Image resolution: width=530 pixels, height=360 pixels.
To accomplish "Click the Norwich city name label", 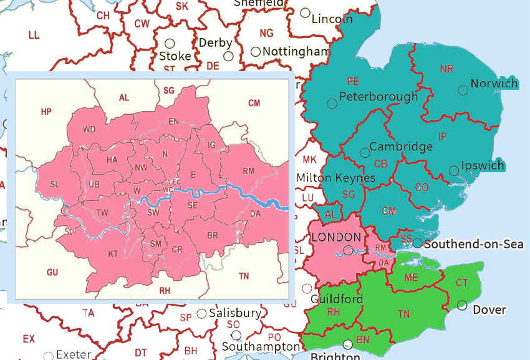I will point(494,84).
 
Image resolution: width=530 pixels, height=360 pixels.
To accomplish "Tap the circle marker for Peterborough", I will point(332,103).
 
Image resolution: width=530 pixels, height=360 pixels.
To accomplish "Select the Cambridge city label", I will point(401,147).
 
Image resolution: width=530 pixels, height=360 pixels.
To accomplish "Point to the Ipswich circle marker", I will point(453,171).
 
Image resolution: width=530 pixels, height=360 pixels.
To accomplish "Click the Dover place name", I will point(489,310).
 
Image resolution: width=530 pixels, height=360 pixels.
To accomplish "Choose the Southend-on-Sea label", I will point(473,244).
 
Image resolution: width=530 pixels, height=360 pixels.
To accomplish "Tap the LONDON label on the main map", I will point(335,238).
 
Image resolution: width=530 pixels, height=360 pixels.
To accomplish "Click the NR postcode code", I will point(446,69).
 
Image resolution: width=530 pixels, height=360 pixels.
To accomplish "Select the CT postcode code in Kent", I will point(461,283).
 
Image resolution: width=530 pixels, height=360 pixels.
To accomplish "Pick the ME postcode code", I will point(412,278).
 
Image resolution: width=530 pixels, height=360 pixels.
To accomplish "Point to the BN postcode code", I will point(363,340).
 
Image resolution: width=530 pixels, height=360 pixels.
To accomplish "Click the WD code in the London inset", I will point(89,130).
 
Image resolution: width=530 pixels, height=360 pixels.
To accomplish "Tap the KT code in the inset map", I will point(113,254).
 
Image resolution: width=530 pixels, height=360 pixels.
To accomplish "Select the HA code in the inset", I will point(112,160).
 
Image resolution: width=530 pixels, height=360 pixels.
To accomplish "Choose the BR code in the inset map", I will point(212,235).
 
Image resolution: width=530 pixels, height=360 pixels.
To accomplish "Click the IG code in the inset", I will point(211,145).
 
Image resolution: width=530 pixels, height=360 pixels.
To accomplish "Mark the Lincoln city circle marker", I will point(305,12).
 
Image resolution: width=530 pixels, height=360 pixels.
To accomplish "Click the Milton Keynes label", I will point(335,178).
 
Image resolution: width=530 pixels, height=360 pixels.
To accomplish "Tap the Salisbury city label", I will point(234,313).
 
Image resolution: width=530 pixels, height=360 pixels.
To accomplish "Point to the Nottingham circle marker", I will point(256,52).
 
